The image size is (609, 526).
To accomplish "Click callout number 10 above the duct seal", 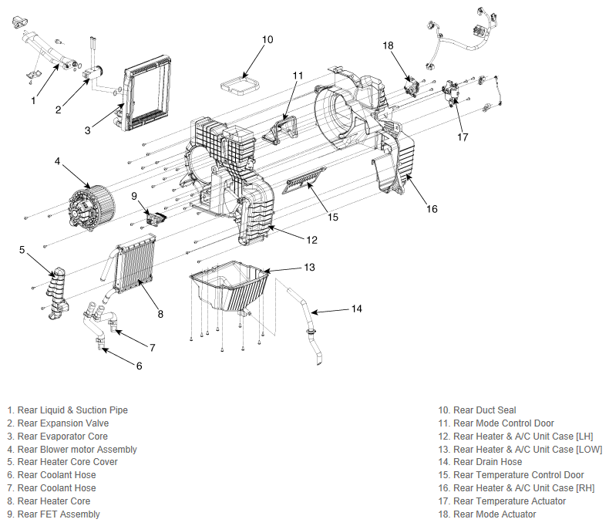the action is [267, 39].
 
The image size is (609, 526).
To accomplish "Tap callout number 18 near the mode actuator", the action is [388, 46].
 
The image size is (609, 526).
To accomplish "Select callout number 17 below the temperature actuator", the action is [463, 137].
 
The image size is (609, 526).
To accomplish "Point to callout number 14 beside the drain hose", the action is [357, 309].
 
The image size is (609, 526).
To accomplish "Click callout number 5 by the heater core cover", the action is [22, 250].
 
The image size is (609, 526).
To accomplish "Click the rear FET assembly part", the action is [156, 217].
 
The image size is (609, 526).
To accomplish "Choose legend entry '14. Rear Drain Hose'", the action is [480, 462].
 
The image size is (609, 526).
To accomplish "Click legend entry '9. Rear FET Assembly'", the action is [54, 514].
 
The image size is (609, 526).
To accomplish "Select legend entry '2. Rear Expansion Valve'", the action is [58, 423].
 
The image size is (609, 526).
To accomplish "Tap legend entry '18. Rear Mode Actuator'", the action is [487, 514].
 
